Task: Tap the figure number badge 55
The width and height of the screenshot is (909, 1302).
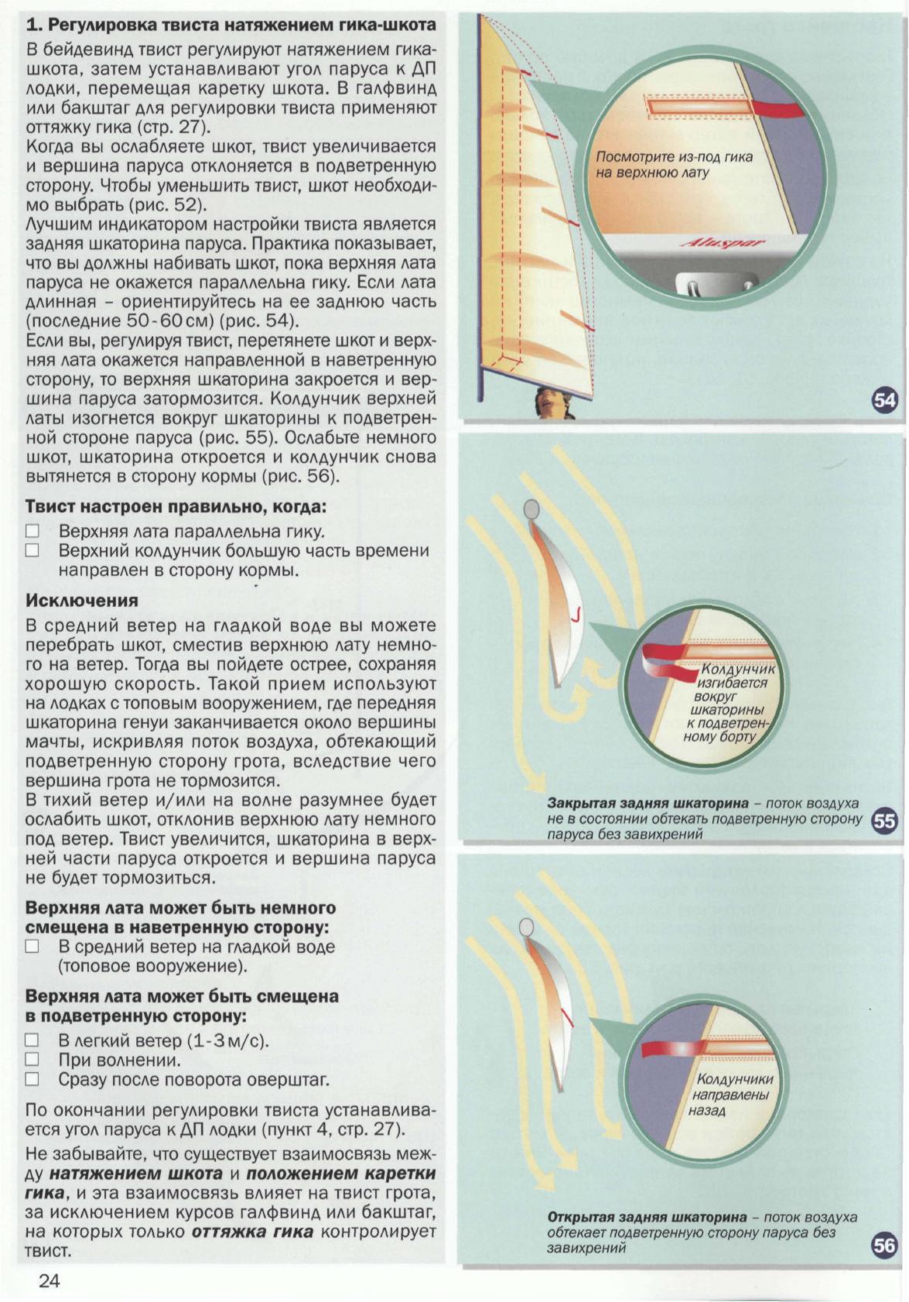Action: [884, 821]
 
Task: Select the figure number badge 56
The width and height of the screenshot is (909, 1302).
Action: [884, 1245]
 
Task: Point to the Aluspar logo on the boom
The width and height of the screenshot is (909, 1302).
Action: [722, 245]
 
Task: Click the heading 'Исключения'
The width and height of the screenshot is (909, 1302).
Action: [82, 601]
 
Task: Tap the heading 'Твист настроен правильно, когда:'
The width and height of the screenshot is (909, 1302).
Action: [176, 508]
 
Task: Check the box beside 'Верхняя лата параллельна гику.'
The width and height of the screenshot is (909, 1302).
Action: [32, 532]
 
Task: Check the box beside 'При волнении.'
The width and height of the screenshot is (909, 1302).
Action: [32, 1060]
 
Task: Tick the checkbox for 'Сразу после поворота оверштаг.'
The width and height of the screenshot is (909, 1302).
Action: [32, 1079]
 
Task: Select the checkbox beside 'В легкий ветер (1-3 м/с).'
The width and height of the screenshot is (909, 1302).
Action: [32, 1040]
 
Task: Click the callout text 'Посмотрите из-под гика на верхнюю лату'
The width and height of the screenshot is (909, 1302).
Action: [673, 165]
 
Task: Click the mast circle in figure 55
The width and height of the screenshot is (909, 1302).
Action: [531, 509]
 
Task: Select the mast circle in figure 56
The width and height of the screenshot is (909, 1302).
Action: [527, 927]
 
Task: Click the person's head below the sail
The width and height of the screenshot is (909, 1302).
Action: [551, 402]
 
